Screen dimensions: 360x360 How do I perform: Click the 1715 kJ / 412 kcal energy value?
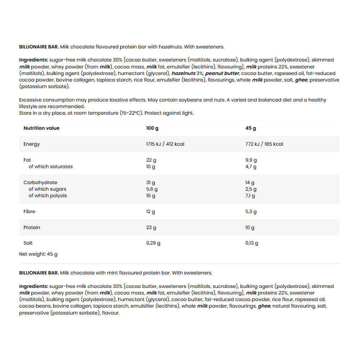tap(165, 144)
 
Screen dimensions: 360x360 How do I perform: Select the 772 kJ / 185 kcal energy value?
tap(264, 144)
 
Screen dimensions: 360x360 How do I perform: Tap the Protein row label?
tap(32, 228)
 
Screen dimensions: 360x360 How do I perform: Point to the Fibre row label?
tap(29, 212)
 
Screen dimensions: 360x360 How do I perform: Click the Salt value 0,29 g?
tap(153, 243)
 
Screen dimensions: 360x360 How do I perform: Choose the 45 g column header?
tap(251, 128)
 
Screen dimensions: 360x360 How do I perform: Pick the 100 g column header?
tap(152, 128)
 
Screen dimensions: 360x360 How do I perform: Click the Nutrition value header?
tap(41, 128)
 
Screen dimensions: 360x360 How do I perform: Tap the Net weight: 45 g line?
tap(38, 254)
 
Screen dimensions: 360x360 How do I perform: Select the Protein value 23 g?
tap(151, 228)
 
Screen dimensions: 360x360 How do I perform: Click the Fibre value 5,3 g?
tap(251, 212)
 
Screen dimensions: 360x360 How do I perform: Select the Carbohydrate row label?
tap(40, 183)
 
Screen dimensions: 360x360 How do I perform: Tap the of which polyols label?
tap(48, 196)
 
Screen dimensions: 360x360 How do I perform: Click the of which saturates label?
tap(50, 167)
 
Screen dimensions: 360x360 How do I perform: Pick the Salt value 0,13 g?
tap(252, 243)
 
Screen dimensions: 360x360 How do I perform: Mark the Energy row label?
tap(32, 144)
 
